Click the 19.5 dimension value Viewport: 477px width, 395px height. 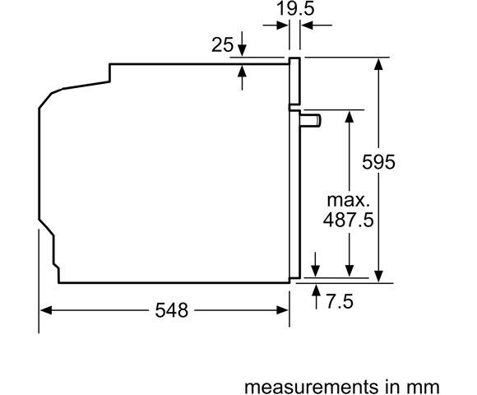(x=294, y=10)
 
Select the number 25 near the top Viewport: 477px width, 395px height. (x=222, y=44)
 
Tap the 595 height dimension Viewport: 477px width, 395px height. (x=379, y=162)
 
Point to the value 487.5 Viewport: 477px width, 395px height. (x=345, y=220)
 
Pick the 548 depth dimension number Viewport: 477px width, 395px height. (x=171, y=310)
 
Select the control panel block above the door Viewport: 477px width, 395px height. (x=294, y=82)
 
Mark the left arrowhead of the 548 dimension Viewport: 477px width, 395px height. (x=46, y=310)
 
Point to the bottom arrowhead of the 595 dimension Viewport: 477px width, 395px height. (x=379, y=277)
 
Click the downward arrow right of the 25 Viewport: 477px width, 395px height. (x=243, y=50)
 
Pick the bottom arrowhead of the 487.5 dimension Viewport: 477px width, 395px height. (x=350, y=272)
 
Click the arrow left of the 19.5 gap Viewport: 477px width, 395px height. (x=282, y=26)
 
